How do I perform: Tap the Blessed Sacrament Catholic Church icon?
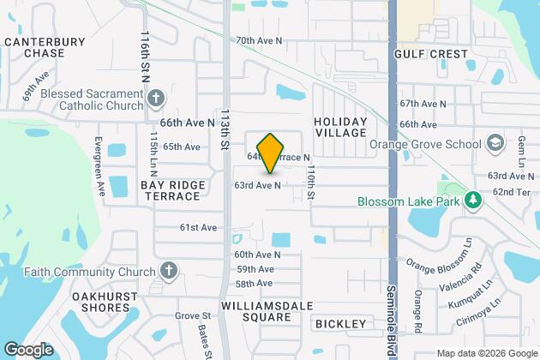click(x=155, y=96)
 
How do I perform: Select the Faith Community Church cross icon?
click(x=169, y=272)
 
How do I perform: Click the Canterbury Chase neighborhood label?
click(x=33, y=46)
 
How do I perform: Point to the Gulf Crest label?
click(x=431, y=53)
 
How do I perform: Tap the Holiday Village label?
click(x=339, y=127)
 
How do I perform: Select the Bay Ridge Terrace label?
click(x=172, y=190)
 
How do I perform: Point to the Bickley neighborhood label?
click(x=340, y=323)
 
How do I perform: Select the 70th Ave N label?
click(x=259, y=40)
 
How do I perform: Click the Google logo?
click(x=28, y=349)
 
